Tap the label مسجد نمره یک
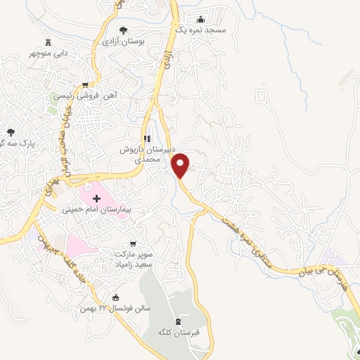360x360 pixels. click(201, 31)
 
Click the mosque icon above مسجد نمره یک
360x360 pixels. click(201, 20)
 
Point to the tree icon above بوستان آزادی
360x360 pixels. click(124, 30)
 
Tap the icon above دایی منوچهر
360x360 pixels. click(48, 41)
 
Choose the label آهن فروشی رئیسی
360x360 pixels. click(87, 95)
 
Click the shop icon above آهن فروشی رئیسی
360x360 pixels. click(86, 84)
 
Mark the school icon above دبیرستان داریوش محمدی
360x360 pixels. click(146, 139)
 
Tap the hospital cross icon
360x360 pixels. click(96, 198)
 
